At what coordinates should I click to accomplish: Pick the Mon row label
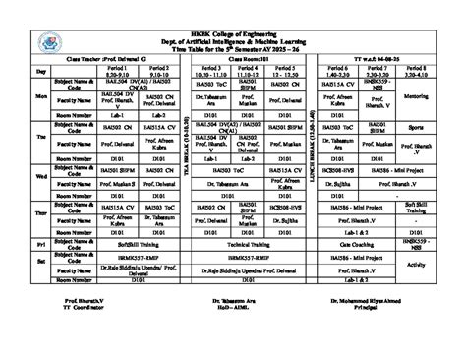pos(40,97)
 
